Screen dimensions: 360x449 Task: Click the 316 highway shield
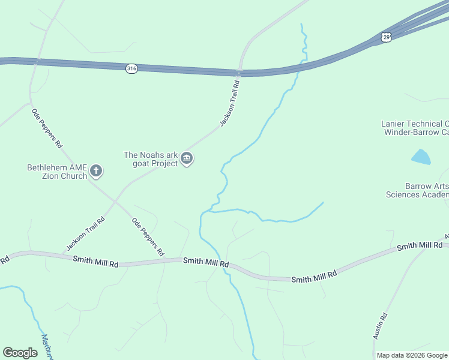coord(131,68)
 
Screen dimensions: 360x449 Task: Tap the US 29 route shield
coord(387,37)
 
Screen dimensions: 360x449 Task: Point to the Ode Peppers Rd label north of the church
coord(47,128)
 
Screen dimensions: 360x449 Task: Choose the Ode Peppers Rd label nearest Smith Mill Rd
coord(148,237)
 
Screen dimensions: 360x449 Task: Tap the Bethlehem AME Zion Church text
coord(57,172)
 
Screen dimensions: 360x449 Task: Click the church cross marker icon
coord(96,172)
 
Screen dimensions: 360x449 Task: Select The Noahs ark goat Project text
coord(151,159)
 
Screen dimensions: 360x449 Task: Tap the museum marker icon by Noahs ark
coord(187,158)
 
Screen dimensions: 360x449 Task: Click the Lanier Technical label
coord(415,128)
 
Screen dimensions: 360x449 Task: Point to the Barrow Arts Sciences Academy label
coord(417,190)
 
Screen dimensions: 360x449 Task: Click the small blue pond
coord(421,157)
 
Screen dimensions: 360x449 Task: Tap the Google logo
coord(20,353)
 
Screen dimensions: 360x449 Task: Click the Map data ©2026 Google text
coord(412,355)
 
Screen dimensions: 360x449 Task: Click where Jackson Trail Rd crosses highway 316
coord(240,72)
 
